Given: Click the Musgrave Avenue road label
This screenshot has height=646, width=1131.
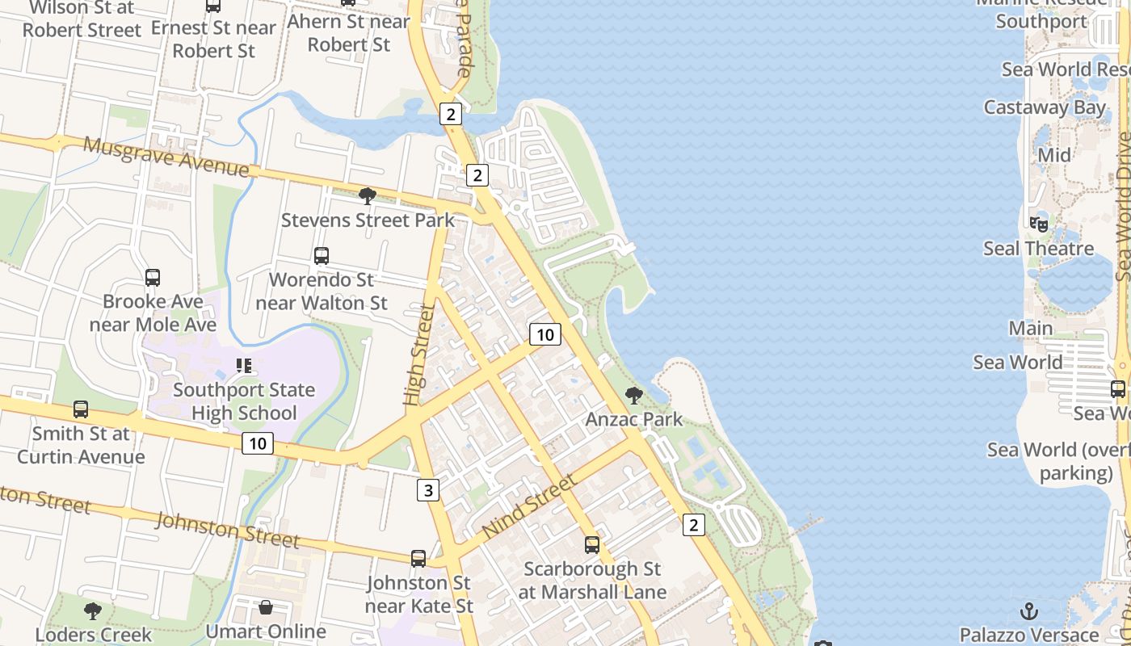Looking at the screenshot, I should click(166, 157).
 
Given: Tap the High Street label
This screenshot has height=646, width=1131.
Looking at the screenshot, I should click(418, 354).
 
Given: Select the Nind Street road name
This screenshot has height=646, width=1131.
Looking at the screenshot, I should click(530, 506).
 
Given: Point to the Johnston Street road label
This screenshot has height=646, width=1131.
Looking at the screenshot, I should click(227, 529).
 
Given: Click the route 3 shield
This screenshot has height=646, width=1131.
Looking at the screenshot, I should click(428, 489).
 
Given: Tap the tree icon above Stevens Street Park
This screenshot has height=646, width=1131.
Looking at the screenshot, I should click(368, 195).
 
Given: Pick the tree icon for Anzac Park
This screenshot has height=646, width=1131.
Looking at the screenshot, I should click(634, 396).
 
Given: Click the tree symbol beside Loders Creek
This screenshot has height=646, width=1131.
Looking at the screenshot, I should click(93, 610).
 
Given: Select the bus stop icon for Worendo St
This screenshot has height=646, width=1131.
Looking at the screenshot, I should click(322, 256).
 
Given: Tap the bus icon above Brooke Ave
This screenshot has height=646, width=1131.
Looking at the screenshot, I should click(153, 278).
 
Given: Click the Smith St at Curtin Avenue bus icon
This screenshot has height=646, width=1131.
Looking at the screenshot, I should click(81, 409).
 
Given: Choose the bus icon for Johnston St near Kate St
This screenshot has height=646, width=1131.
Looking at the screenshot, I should click(418, 558).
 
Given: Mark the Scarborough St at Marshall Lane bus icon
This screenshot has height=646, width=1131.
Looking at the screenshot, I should click(592, 545).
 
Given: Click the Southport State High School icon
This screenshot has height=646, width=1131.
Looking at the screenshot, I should click(244, 366).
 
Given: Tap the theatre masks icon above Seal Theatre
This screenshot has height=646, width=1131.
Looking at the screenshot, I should click(1039, 224).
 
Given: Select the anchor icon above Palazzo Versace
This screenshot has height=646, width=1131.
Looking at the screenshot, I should click(1029, 610).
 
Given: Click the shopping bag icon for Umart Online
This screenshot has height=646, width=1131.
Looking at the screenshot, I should click(266, 607).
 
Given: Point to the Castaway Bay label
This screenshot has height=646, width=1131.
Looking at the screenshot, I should click(1045, 107).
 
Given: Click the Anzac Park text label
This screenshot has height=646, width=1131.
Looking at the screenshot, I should click(634, 419).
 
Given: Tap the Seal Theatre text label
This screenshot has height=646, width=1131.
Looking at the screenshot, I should click(1038, 249).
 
